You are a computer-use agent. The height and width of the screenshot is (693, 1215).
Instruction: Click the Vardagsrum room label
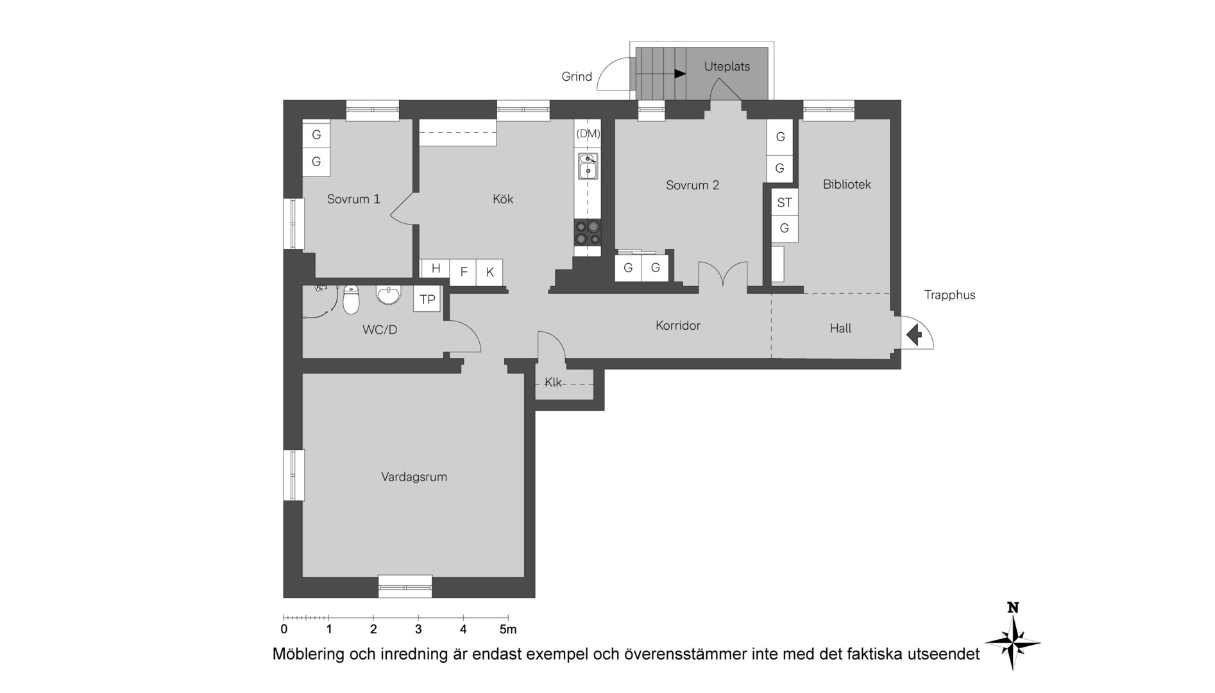414,477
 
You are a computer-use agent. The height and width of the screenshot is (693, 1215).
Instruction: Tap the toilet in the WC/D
351,300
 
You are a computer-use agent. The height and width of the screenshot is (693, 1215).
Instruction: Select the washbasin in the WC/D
388,295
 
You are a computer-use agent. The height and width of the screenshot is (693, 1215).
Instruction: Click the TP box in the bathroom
427,299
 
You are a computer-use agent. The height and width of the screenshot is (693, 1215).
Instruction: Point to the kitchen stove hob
588,232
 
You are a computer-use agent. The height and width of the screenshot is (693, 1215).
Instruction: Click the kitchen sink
588,166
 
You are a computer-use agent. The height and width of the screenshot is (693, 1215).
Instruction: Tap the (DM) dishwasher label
588,133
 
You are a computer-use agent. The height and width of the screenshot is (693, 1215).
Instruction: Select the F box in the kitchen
463,272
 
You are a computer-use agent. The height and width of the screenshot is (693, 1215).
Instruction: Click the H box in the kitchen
436,268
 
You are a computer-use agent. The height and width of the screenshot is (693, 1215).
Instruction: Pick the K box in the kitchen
489,272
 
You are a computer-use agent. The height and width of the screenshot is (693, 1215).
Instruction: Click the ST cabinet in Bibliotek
785,202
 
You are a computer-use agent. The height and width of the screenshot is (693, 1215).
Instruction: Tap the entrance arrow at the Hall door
914,334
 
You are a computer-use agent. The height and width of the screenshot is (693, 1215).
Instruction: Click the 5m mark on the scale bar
508,629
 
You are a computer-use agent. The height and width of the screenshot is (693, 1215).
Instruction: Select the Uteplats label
727,66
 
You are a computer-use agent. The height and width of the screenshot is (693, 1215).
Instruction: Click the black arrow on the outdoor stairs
680,74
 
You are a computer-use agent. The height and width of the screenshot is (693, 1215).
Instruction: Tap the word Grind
577,76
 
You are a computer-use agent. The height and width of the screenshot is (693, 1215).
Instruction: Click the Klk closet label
553,382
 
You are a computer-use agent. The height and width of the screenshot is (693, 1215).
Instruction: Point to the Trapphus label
949,295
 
